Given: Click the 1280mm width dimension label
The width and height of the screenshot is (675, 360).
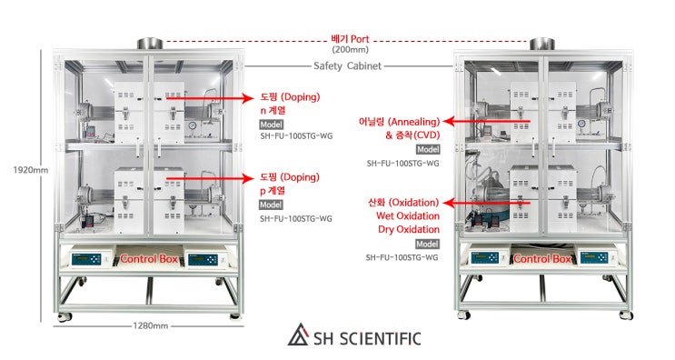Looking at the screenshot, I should tap(149, 325).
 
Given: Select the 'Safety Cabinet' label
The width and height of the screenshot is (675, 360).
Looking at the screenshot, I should tap(347, 65).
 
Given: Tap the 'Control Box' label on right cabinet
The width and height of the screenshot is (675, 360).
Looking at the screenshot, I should tap(542, 259).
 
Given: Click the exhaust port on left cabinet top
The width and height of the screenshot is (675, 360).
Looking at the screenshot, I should tap(149, 43).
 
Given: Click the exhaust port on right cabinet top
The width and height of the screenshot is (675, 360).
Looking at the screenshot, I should tap(542, 44).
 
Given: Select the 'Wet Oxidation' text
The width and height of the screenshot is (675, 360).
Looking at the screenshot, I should tap(408, 216).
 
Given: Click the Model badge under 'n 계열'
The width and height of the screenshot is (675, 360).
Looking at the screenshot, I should tap(271, 125).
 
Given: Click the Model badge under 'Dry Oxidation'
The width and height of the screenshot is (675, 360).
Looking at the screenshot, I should tap(427, 245).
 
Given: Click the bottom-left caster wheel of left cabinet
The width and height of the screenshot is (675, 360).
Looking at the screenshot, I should tap(63, 317).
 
